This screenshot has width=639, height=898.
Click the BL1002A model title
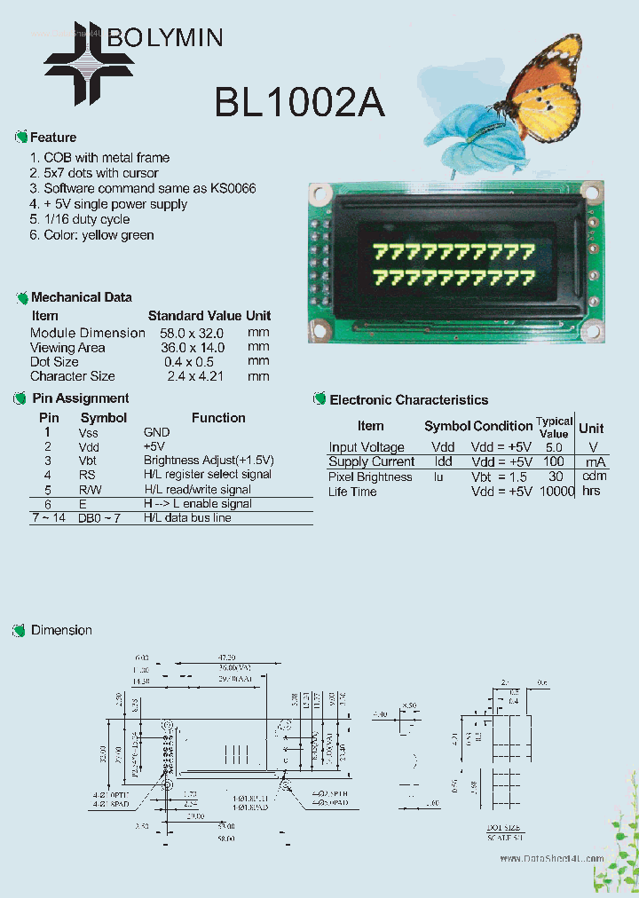click(299, 104)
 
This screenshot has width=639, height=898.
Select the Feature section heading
click(53, 138)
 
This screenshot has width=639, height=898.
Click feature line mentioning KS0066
click(149, 188)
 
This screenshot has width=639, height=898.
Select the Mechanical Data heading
click(81, 297)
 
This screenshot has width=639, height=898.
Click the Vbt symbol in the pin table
click(88, 461)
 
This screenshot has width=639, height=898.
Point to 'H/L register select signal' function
click(208, 475)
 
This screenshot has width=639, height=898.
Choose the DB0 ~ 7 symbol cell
click(99, 517)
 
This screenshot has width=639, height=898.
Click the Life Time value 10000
click(555, 491)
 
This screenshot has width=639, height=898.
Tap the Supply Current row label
click(371, 461)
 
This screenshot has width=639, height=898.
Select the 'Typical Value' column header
click(554, 427)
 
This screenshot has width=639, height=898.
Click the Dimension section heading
click(61, 630)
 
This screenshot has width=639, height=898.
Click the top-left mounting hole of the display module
click(320, 193)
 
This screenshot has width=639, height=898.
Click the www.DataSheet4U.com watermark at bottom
click(551, 859)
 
